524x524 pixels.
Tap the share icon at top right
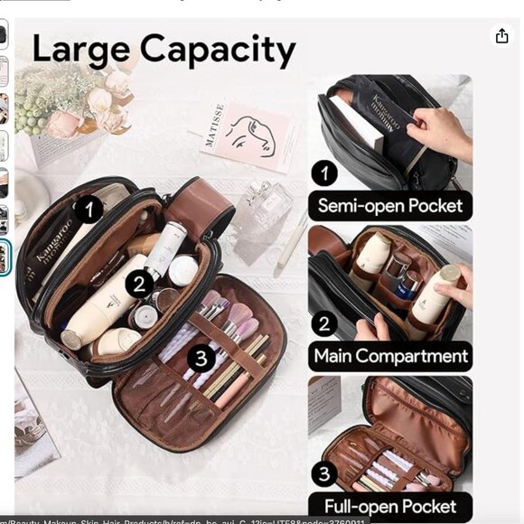point(501,35)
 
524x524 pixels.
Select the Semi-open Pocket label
point(389,205)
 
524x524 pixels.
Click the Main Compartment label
point(390,355)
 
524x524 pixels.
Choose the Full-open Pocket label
point(390,506)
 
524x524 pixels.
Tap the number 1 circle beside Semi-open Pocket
point(324,173)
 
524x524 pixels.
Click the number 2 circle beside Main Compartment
point(324,323)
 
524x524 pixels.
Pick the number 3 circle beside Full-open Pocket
point(324,474)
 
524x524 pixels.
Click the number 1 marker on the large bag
point(88,211)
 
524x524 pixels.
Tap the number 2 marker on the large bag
point(137,285)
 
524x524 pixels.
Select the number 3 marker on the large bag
point(201,359)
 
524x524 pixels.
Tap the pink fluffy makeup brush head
point(239,316)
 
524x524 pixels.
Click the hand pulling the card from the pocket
point(440,130)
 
